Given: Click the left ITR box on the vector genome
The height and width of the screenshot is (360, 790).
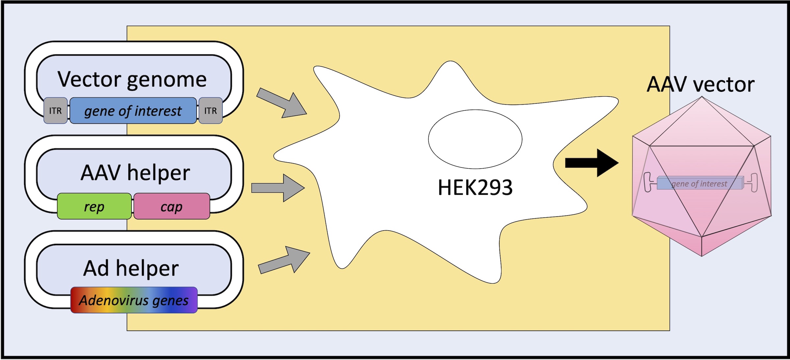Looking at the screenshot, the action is pos(56,111).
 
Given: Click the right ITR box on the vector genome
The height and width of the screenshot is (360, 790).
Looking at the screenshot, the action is pos(211,111).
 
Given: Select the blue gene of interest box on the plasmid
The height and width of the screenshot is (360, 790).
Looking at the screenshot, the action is pos(133,111).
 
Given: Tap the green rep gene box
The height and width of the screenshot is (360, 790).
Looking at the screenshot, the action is pos(94,206).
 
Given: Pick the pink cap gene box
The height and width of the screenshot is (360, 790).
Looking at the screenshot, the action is pos(172,206).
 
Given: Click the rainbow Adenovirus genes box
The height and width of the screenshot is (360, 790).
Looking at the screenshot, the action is pos(134,300).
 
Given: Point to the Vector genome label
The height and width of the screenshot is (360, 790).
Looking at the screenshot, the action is pos(132,80).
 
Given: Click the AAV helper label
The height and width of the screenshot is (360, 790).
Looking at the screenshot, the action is pos(135,173).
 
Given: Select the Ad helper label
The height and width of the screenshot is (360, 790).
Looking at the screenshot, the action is pos(131,268).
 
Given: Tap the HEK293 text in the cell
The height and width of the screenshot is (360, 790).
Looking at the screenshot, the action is pos(475,187).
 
